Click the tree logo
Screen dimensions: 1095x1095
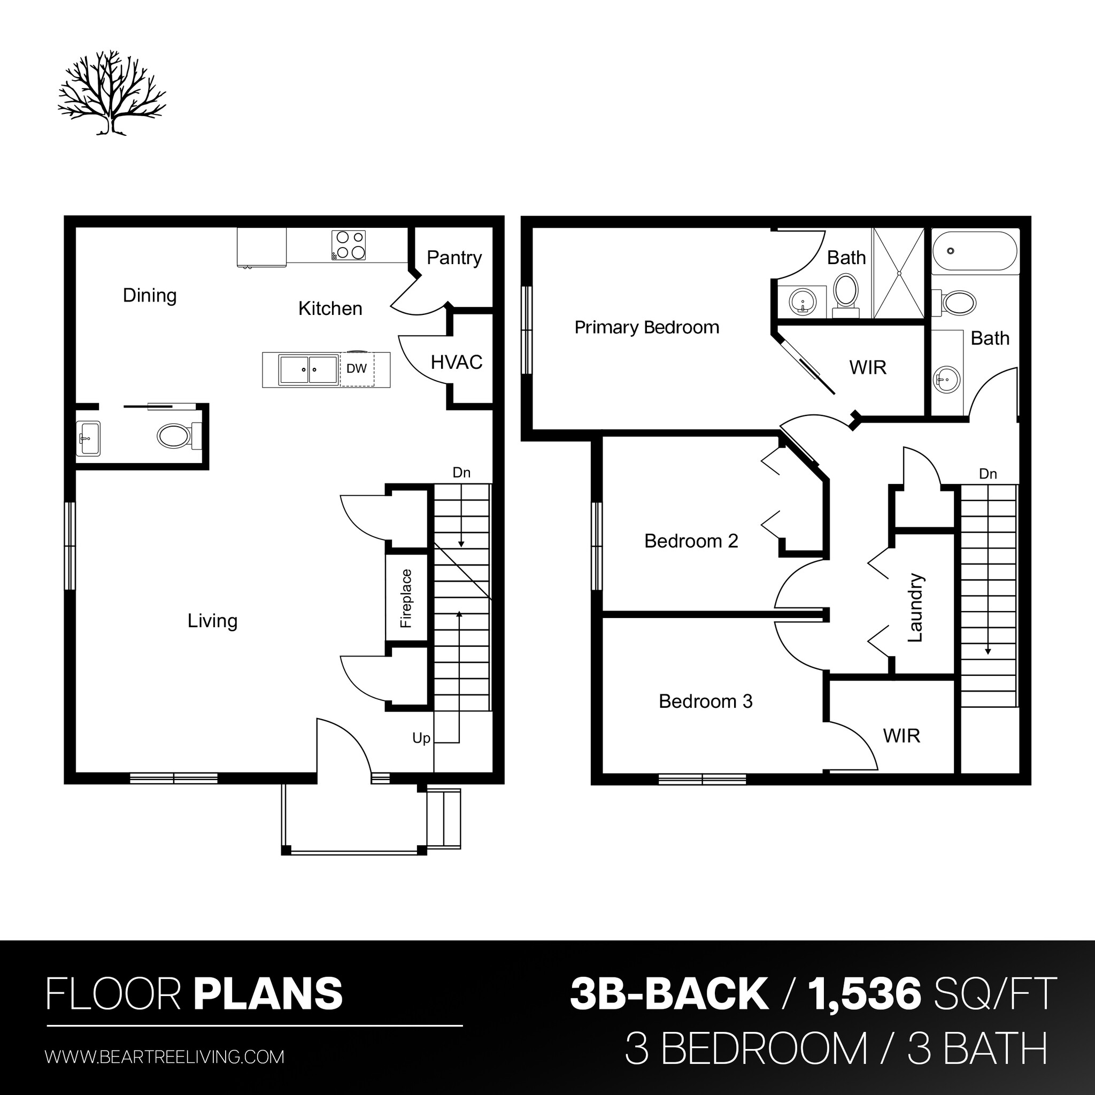coord(112,94)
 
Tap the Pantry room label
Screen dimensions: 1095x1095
coord(454,258)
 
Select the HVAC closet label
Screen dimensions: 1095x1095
coord(456,362)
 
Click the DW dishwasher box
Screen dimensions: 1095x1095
coord(357,369)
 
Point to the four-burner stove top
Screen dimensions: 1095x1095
coord(349,245)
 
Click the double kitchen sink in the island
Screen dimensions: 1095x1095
coord(309,369)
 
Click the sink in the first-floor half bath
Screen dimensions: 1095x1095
coord(88,438)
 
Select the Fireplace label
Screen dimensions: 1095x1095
coord(406,598)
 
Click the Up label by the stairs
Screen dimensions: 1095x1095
coord(421,738)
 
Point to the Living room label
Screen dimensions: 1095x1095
coord(213,621)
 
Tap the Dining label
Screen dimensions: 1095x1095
coord(150,295)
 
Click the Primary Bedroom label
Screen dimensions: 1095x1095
coord(647,328)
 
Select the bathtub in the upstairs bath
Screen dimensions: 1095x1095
coord(974,251)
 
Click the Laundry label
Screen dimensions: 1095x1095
coord(915,607)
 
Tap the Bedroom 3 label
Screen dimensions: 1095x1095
coord(706,701)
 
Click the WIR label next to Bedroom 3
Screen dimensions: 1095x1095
coord(901,736)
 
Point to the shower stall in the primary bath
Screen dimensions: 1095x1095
coord(898,273)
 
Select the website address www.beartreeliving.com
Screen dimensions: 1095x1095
coord(164,1057)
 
